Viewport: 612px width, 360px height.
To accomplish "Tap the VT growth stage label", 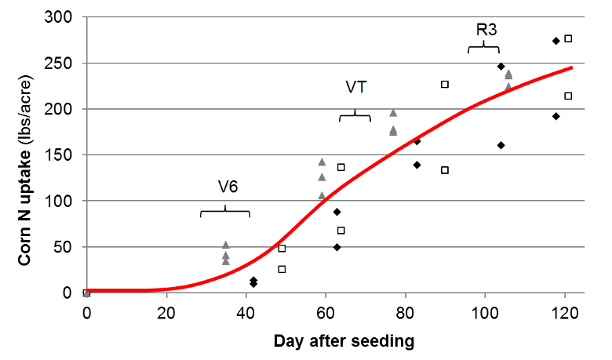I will (x=356, y=87).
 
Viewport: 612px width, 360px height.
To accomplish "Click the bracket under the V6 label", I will (x=225, y=212).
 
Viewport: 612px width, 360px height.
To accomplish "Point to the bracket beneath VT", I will (x=355, y=116).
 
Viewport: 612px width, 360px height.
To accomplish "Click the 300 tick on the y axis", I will (x=62, y=17).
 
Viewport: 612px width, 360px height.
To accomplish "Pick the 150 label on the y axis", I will (x=62, y=155).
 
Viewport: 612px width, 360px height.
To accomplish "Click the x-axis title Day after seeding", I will (x=344, y=341).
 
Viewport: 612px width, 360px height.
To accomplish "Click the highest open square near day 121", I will (x=569, y=38).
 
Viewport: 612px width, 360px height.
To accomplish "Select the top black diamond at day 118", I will (x=556, y=41).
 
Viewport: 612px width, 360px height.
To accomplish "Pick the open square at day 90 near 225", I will (x=445, y=84).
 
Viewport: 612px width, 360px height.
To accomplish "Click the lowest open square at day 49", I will (x=282, y=269).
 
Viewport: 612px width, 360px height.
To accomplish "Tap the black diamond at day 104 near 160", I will (x=501, y=145).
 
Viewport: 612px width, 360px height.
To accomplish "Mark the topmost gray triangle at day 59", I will (x=322, y=162).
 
